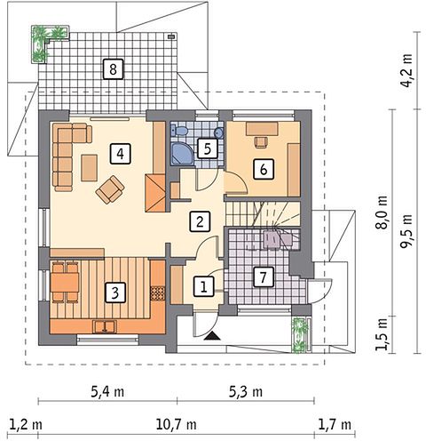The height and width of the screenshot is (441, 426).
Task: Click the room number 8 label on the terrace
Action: [113, 69]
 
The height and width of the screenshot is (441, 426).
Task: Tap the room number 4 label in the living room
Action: [120, 154]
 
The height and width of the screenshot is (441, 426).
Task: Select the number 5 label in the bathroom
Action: [208, 148]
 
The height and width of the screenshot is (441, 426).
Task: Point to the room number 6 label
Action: [264, 169]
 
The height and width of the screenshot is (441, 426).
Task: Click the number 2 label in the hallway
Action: [200, 221]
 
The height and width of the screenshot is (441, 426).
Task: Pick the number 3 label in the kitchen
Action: [115, 293]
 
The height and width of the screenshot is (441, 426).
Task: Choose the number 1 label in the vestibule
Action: [203, 286]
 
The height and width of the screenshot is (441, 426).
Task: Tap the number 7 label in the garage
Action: [263, 277]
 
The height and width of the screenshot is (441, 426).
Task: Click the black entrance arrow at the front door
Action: [212, 336]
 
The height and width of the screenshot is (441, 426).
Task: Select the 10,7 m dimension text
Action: [176, 425]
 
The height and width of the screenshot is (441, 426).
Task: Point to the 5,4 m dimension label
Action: [107, 392]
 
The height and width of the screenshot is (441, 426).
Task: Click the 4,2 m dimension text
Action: [406, 70]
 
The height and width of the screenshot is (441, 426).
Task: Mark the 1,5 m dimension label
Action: [382, 334]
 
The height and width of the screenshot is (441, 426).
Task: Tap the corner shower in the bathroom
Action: [182, 154]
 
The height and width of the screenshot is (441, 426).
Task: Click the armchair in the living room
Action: [110, 189]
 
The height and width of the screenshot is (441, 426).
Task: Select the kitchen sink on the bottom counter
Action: [105, 326]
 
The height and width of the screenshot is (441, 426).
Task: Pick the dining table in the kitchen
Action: [65, 282]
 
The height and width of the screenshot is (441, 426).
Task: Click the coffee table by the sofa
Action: [90, 167]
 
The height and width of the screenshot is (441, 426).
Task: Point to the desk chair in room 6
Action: [262, 141]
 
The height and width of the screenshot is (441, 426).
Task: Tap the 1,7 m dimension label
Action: [335, 425]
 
